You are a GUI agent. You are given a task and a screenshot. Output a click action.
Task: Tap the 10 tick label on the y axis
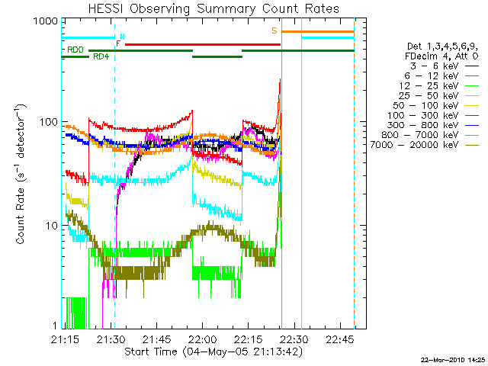[x=48, y=226]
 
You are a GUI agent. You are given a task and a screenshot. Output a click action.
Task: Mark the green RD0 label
[x=75, y=50]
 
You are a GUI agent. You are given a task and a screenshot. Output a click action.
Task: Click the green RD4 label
[x=101, y=56]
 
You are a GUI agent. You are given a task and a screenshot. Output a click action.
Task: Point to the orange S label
[x=274, y=31]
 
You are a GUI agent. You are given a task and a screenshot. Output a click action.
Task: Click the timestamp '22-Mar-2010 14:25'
[x=453, y=359]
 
